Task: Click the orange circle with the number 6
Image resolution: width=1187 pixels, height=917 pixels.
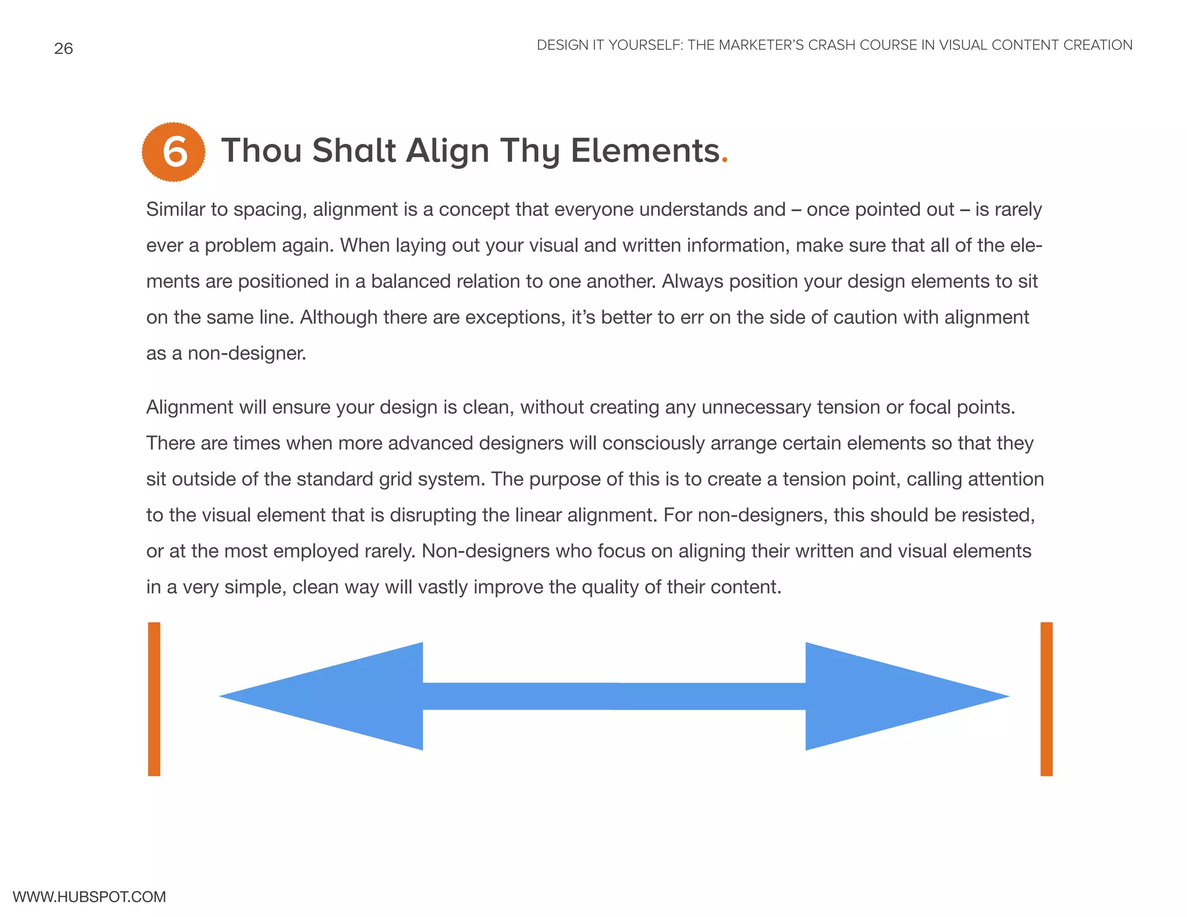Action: click(173, 152)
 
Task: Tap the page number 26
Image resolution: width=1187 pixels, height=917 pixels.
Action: click(64, 49)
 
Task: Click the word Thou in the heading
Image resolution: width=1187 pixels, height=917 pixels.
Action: click(261, 151)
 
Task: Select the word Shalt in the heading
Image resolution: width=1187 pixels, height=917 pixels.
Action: click(354, 151)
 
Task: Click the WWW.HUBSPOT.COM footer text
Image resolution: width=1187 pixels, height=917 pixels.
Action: click(89, 897)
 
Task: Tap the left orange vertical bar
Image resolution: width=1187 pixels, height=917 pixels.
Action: click(154, 699)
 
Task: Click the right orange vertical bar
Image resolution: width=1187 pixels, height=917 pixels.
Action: click(1046, 699)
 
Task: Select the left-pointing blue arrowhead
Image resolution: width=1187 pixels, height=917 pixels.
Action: click(336, 696)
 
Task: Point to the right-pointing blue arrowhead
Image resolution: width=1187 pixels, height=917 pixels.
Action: click(893, 696)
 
